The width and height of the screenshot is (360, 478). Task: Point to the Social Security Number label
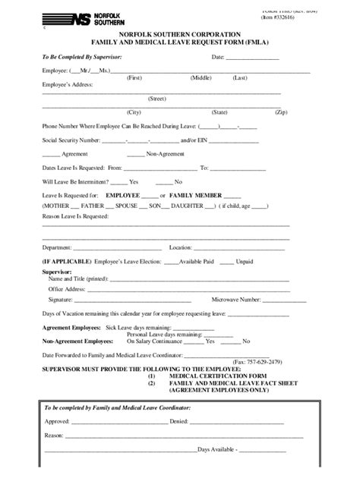point(71,140)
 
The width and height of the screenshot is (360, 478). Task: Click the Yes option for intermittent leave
point(134,181)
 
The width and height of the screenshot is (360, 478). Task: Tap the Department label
point(57,247)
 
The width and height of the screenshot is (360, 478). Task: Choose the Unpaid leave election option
point(245,260)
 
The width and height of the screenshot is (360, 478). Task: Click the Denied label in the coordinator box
point(180,420)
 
